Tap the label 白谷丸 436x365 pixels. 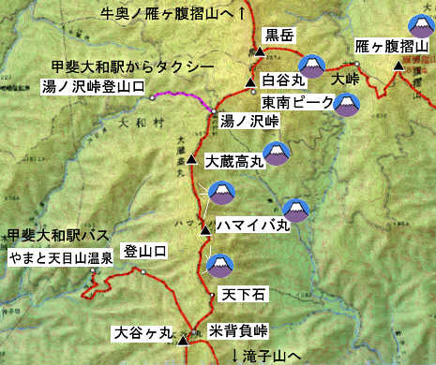pos(281,80)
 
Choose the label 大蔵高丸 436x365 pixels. pos(234,162)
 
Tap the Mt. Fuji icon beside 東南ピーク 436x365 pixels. pos(349,102)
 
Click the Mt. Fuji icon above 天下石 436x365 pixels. pos(218,266)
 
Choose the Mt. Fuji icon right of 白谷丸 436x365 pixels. pos(311,64)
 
